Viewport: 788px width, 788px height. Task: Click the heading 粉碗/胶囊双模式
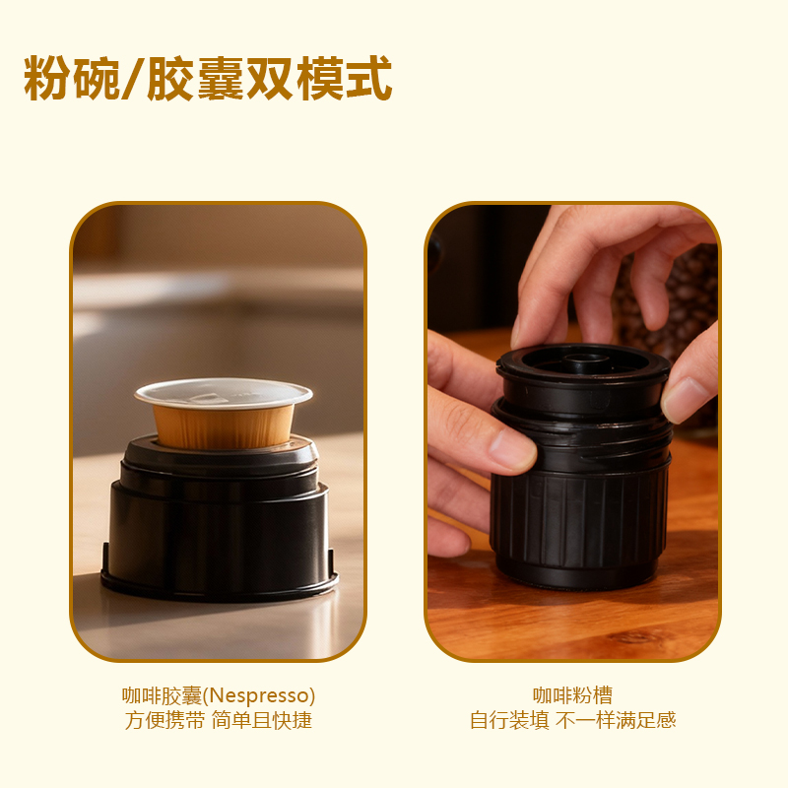[x=208, y=79]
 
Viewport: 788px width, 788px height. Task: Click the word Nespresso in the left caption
[x=258, y=696]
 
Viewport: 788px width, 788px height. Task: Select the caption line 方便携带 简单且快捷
[x=219, y=721]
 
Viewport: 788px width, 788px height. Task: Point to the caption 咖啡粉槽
[x=572, y=695]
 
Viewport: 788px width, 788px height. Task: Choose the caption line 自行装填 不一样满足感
[x=572, y=721]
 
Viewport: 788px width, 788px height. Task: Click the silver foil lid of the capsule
[x=224, y=392]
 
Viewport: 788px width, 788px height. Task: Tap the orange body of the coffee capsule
[x=224, y=427]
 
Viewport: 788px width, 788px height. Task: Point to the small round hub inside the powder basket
[x=585, y=360]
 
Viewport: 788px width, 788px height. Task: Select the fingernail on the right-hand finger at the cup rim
[x=681, y=400]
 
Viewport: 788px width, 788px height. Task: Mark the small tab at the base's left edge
[x=105, y=559]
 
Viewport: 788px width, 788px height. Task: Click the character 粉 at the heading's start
[x=47, y=79]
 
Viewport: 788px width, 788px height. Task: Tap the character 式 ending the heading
[x=368, y=79]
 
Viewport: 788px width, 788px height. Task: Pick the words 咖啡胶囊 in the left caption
[x=162, y=696]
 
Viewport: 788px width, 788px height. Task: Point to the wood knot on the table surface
[x=637, y=637]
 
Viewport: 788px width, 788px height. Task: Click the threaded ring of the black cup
[x=583, y=442]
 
